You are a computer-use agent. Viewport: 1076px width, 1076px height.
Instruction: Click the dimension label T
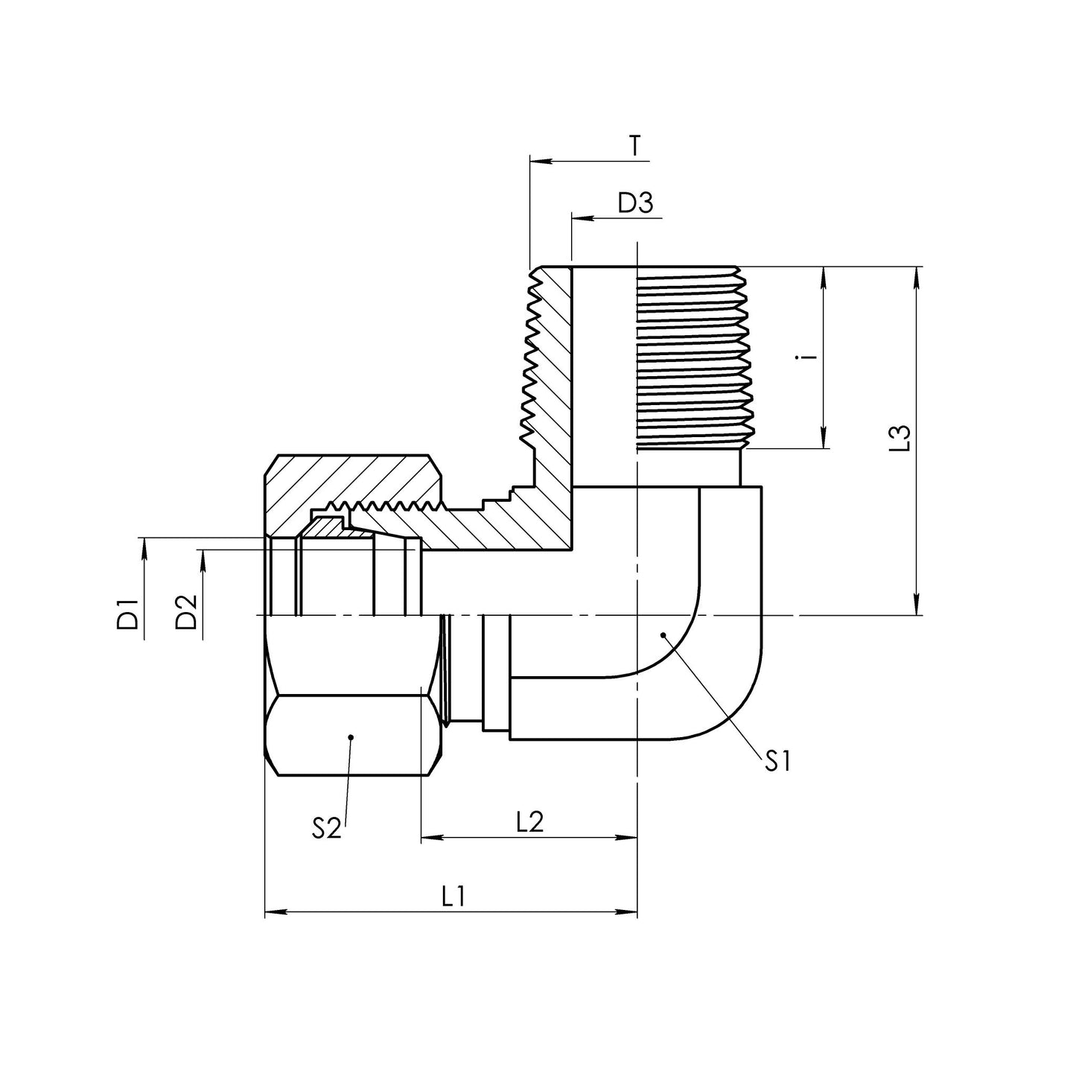click(x=634, y=146)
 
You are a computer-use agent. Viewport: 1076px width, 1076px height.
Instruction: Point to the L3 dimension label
click(x=902, y=439)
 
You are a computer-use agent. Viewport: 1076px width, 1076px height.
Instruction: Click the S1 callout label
click(x=776, y=761)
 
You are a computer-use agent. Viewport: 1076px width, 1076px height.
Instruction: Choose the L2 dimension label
click(x=529, y=822)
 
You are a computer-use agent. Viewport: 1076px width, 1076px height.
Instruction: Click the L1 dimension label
click(x=453, y=896)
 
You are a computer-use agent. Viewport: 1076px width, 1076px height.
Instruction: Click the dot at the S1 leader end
click(x=662, y=634)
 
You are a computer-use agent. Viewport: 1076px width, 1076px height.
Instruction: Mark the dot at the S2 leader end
click(x=351, y=737)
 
